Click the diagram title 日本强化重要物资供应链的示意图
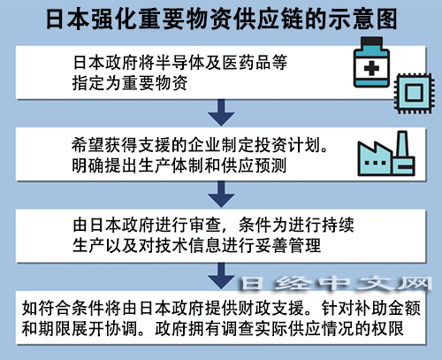221,19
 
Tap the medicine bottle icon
371,62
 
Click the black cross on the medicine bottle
371,68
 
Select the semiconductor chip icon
414,93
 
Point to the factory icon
386,154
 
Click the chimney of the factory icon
402,143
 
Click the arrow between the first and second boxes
221,112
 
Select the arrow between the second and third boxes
221,195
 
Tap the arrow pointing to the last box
221,276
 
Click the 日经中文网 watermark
336,284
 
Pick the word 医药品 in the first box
247,62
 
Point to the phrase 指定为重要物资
130,83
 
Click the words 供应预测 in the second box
255,165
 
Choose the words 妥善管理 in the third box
288,246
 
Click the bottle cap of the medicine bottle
371,42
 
